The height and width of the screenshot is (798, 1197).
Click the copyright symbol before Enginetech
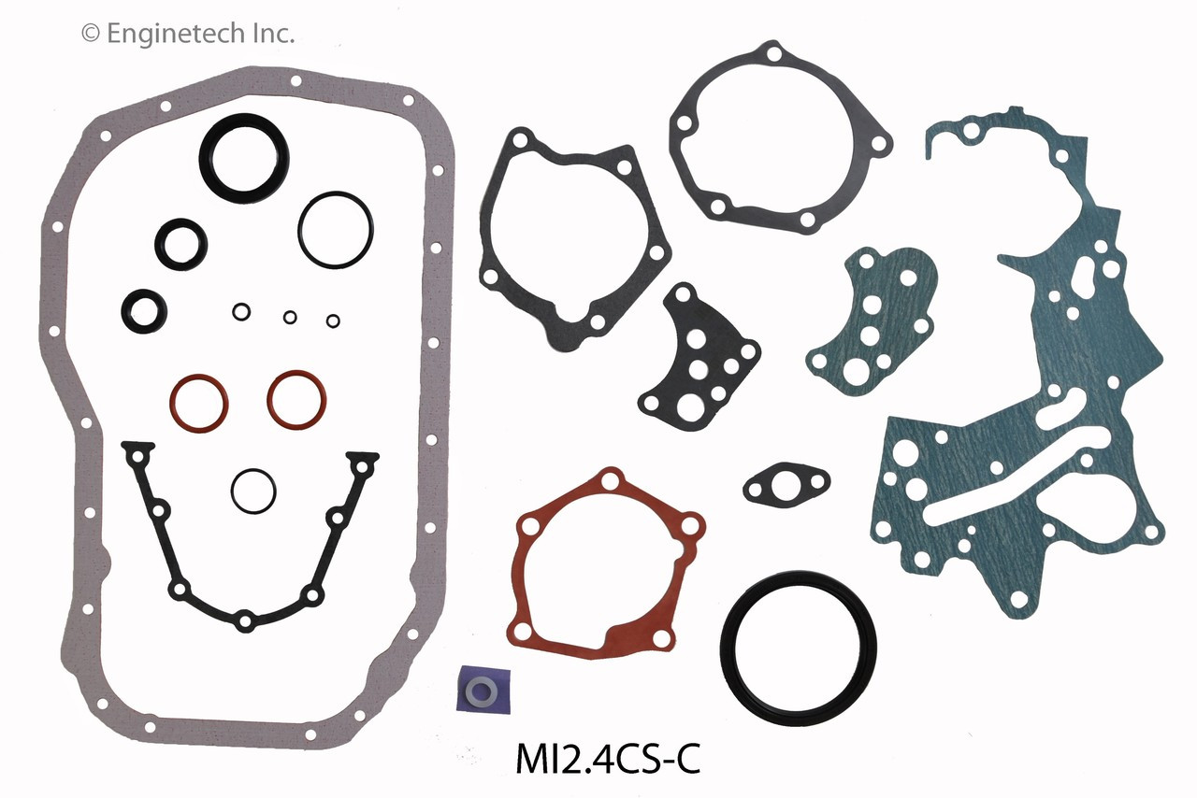coord(91,35)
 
